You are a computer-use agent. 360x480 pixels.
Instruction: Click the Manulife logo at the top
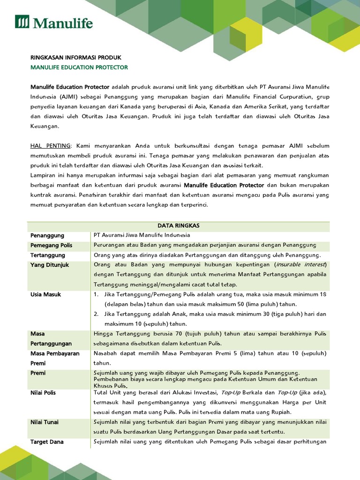click(54, 22)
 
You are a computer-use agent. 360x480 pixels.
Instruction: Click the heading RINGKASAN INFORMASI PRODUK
click(75, 57)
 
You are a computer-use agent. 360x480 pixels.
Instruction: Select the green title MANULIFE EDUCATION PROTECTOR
click(79, 67)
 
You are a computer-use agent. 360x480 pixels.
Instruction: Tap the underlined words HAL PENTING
click(51, 146)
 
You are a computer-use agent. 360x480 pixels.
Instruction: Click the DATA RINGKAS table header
click(179, 225)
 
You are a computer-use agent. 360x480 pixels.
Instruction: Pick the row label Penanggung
click(47, 235)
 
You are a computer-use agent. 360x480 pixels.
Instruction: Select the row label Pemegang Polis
click(51, 245)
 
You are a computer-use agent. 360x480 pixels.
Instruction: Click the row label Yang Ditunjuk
click(50, 265)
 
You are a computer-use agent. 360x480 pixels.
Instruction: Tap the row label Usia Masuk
click(46, 294)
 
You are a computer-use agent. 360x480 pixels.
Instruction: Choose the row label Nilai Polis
click(43, 392)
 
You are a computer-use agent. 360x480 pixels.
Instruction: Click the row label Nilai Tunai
click(45, 422)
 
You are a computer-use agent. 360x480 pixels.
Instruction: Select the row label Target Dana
click(47, 442)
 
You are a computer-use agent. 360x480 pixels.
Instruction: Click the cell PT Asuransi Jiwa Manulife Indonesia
click(142, 235)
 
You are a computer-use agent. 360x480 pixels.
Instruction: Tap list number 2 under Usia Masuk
click(96, 314)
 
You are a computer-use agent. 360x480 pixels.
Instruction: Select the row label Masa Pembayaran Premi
click(55, 358)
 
